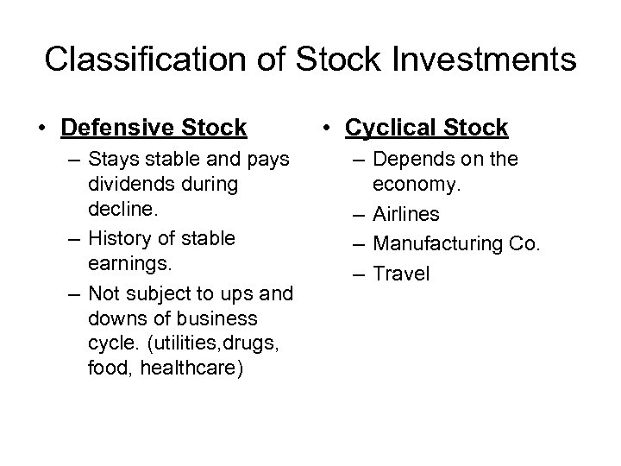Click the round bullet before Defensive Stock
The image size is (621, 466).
pos(41,129)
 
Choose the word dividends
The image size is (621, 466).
pos(129,185)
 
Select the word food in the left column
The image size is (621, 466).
pos(106,368)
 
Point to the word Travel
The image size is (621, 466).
pos(400,274)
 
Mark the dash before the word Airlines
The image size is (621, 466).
pos(355,213)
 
